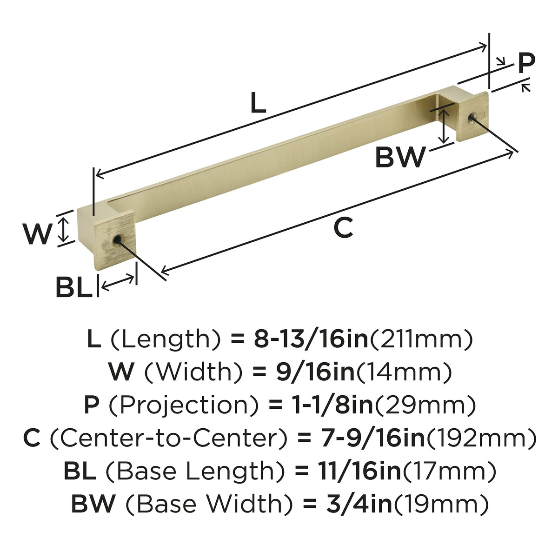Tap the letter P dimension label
click(x=526, y=63)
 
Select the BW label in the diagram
click(x=400, y=157)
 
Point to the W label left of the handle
click(x=37, y=234)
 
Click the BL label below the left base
click(x=74, y=287)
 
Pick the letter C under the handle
click(x=343, y=227)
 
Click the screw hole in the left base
click(x=117, y=239)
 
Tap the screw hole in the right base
click(x=472, y=117)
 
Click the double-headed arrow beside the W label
click(x=63, y=230)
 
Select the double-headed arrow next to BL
click(x=118, y=283)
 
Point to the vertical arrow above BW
click(x=443, y=127)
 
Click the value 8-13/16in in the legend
click(x=311, y=339)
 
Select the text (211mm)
click(x=421, y=339)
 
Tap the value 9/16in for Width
click(x=315, y=372)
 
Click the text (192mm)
click(x=480, y=438)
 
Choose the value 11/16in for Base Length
click(x=359, y=471)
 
